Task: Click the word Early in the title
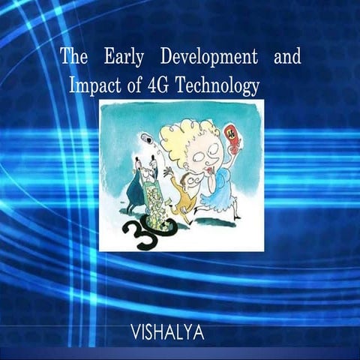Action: pos(127,56)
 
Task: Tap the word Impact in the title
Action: pos(92,85)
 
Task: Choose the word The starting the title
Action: pos(73,56)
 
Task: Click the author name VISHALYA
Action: pos(167,331)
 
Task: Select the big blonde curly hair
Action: pos(196,139)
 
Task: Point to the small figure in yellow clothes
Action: pos(181,199)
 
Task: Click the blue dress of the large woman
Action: pos(222,191)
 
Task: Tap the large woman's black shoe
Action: pos(236,216)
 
